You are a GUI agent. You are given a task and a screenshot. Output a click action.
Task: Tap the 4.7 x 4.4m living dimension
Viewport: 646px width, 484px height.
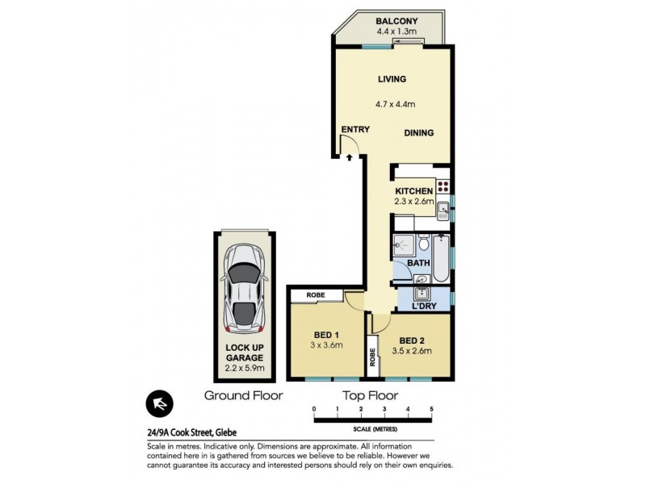click(395, 104)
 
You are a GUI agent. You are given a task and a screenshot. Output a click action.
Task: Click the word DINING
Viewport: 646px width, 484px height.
click(419, 133)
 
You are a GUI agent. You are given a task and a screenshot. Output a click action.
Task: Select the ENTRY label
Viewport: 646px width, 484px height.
click(354, 129)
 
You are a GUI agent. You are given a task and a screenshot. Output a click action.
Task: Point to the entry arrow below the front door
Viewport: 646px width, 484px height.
click(349, 158)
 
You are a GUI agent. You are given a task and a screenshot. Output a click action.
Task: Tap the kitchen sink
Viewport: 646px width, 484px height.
click(443, 211)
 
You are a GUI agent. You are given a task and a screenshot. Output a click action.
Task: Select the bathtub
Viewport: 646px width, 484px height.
click(441, 258)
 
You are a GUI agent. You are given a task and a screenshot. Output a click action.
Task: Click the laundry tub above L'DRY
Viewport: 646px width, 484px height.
click(421, 293)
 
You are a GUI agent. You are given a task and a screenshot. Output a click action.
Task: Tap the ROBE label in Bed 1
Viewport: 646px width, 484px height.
click(315, 295)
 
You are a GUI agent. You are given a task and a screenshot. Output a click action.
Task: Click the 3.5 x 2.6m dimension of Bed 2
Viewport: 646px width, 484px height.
click(415, 351)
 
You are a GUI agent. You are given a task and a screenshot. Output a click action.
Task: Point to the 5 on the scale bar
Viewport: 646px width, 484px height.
click(432, 410)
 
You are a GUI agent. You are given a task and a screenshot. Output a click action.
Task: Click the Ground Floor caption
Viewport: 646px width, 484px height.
click(243, 395)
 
